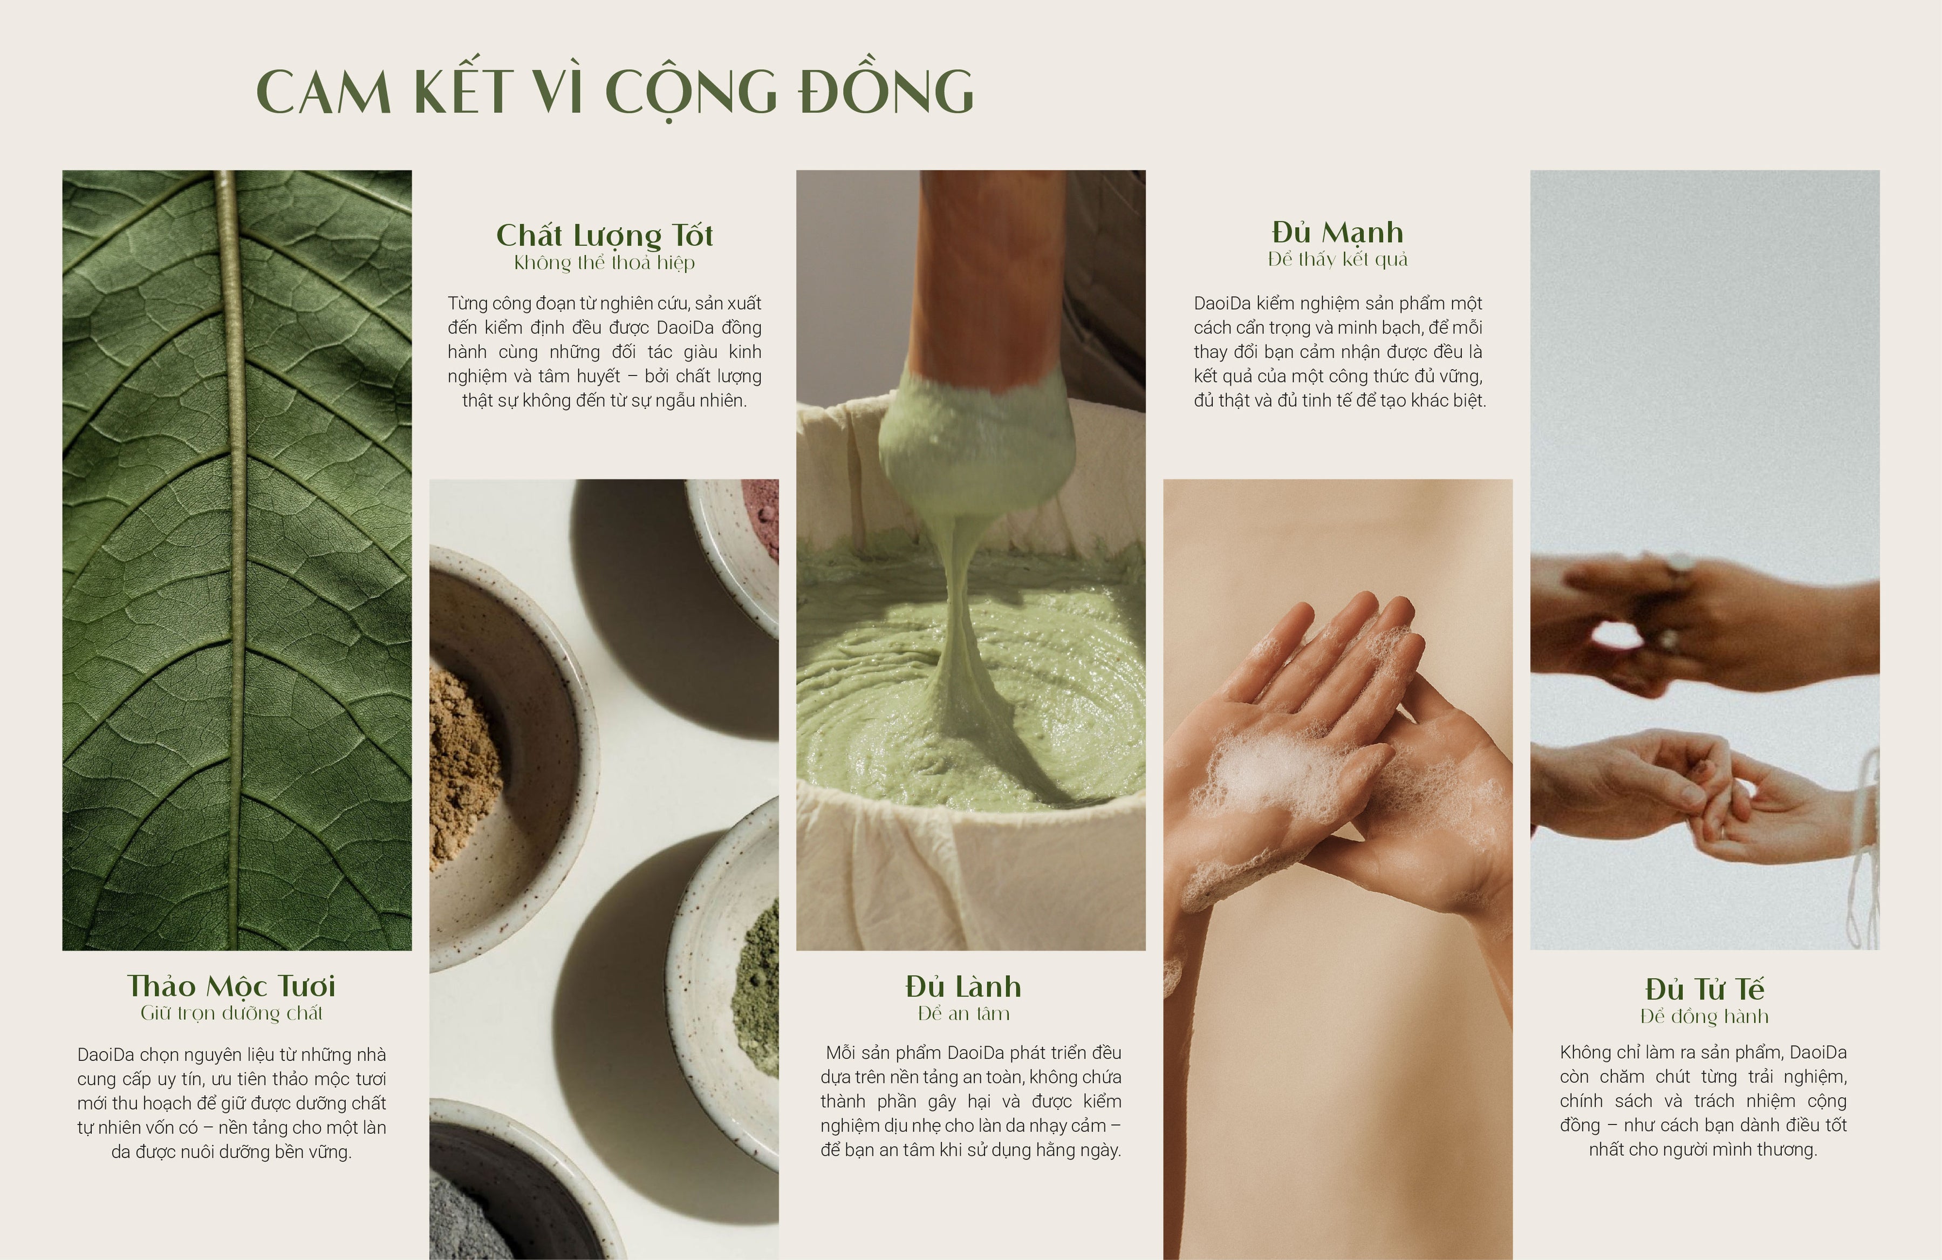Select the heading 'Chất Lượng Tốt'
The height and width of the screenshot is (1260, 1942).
pyautogui.click(x=605, y=235)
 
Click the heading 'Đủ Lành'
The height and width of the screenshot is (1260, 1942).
pyautogui.click(x=963, y=986)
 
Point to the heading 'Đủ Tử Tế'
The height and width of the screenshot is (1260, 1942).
pyautogui.click(x=1705, y=989)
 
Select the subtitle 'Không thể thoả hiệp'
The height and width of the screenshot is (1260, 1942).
pyautogui.click(x=605, y=263)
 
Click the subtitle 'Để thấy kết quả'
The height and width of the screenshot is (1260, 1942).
pyautogui.click(x=1337, y=260)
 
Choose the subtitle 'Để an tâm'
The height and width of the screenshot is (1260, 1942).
pyautogui.click(x=963, y=1013)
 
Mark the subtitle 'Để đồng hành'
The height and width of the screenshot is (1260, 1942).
pyautogui.click(x=1705, y=1016)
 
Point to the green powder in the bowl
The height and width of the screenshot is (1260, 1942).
pyautogui.click(x=757, y=979)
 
